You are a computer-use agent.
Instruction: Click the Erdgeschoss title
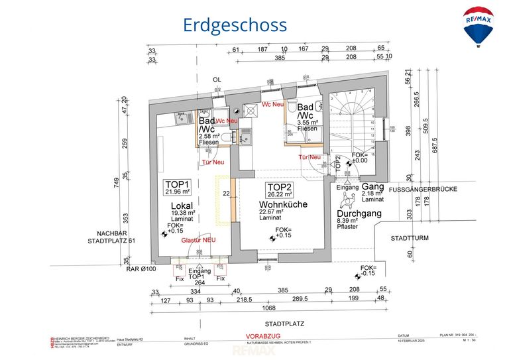tap(235, 25)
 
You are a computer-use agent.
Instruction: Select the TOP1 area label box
tap(178, 187)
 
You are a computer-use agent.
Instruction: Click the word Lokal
tap(181, 206)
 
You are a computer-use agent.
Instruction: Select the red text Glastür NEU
tap(198, 239)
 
